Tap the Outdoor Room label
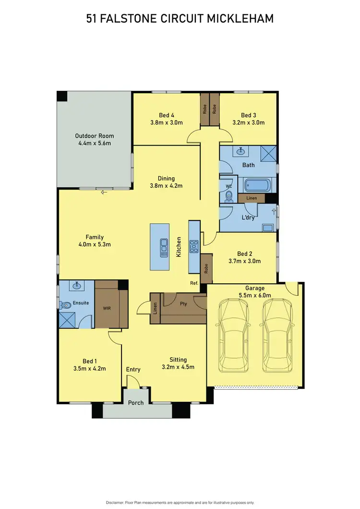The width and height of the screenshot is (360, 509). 95,136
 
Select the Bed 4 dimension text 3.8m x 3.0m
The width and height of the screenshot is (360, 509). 166,122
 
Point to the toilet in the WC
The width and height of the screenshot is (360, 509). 228,196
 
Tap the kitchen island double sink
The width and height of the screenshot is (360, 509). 164,248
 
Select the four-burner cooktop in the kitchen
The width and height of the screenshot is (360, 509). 194,247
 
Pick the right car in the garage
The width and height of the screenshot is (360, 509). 278,335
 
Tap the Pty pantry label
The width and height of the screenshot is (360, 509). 183,303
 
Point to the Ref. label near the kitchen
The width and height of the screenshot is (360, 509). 194,283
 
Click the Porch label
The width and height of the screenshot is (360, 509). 136,402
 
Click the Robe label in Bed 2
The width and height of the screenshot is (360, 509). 206,268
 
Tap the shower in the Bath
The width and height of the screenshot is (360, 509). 269,154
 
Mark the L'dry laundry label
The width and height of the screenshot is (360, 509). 248,217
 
